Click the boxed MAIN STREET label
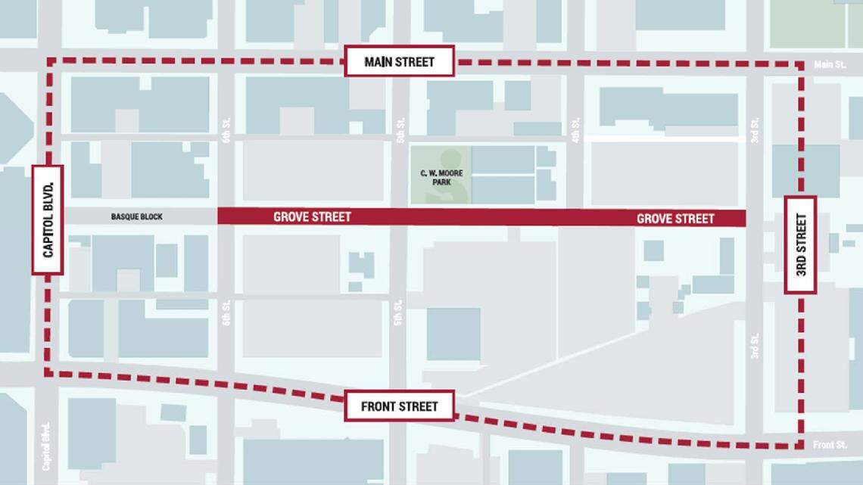(399, 61)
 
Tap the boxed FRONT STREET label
(399, 406)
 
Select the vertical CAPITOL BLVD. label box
(48, 219)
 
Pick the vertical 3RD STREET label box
(800, 244)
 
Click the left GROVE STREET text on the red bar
(312, 217)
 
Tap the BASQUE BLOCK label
(136, 217)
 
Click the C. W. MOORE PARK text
(441, 179)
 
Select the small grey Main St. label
(830, 65)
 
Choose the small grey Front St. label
(829, 445)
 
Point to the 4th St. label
(576, 129)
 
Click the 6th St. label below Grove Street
(226, 312)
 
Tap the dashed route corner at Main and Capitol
(50, 60)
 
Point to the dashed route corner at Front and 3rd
(800, 446)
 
